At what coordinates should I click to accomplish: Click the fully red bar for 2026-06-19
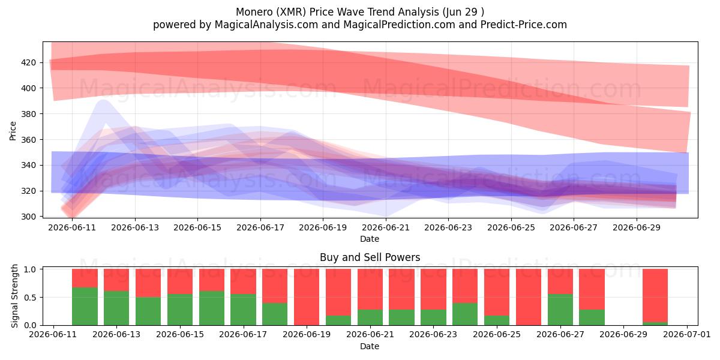click(307, 297)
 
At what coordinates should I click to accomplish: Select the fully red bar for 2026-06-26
click(529, 297)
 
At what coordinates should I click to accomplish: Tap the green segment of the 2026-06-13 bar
click(116, 308)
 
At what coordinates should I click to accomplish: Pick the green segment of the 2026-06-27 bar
click(560, 310)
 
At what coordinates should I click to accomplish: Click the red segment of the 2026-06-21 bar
click(370, 289)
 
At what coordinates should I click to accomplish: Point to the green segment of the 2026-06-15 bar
click(179, 310)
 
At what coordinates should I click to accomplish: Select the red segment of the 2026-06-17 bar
click(244, 281)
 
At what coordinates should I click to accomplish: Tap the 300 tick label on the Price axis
click(28, 217)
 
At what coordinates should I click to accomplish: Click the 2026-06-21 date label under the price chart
click(386, 227)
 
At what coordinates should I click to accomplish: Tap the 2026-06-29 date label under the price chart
click(637, 227)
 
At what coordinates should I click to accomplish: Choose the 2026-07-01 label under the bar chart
click(687, 335)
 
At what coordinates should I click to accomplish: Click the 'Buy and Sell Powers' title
click(370, 257)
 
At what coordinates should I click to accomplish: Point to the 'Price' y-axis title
click(13, 131)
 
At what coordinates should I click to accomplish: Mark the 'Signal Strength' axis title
click(14, 296)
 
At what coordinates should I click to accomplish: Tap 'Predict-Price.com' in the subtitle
click(524, 25)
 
